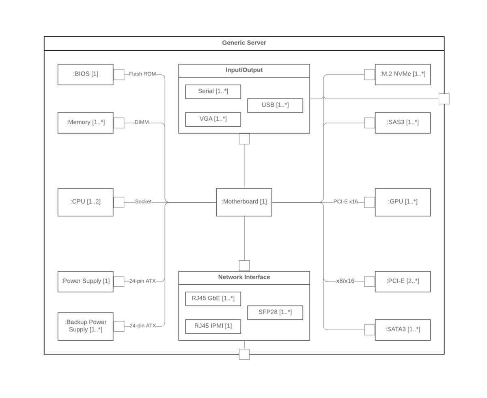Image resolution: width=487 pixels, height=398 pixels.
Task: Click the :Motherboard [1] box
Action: pyautogui.click(x=244, y=202)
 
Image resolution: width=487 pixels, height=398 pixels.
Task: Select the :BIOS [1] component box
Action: pyautogui.click(x=86, y=74)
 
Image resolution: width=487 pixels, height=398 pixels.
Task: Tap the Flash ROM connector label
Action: pyautogui.click(x=142, y=74)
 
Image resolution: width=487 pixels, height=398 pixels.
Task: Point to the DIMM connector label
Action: pyautogui.click(x=142, y=122)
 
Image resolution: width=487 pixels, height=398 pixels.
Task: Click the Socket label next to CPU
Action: pyautogui.click(x=143, y=201)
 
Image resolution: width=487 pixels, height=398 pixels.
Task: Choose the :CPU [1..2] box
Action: pyautogui.click(x=86, y=202)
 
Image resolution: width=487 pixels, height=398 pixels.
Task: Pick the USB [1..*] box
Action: pyautogui.click(x=275, y=106)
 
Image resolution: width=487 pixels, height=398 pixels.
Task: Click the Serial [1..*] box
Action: pyautogui.click(x=213, y=92)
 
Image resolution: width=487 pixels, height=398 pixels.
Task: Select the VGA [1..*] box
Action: pyautogui.click(x=213, y=119)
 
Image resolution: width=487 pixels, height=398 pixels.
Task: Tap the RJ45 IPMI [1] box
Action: pyautogui.click(x=213, y=327)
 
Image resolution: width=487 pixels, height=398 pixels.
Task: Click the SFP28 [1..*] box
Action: pyautogui.click(x=275, y=313)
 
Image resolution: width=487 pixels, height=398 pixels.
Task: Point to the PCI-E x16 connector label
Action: pyautogui.click(x=345, y=201)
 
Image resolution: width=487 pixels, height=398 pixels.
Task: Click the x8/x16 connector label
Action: pyautogui.click(x=345, y=281)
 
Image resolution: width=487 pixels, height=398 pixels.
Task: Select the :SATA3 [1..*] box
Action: pyautogui.click(x=403, y=330)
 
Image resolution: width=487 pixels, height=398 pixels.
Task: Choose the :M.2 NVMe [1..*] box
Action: pyautogui.click(x=403, y=74)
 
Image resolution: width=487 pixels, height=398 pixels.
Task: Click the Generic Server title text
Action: pyautogui.click(x=244, y=43)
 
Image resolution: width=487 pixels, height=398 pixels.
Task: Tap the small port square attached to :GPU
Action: pyautogui.click(x=369, y=202)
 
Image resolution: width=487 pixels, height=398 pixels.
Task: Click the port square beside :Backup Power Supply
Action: pyautogui.click(x=119, y=327)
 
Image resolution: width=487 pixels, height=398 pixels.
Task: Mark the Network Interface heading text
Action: pyautogui.click(x=244, y=277)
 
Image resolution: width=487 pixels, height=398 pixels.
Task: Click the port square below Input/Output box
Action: pyautogui.click(x=244, y=139)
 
